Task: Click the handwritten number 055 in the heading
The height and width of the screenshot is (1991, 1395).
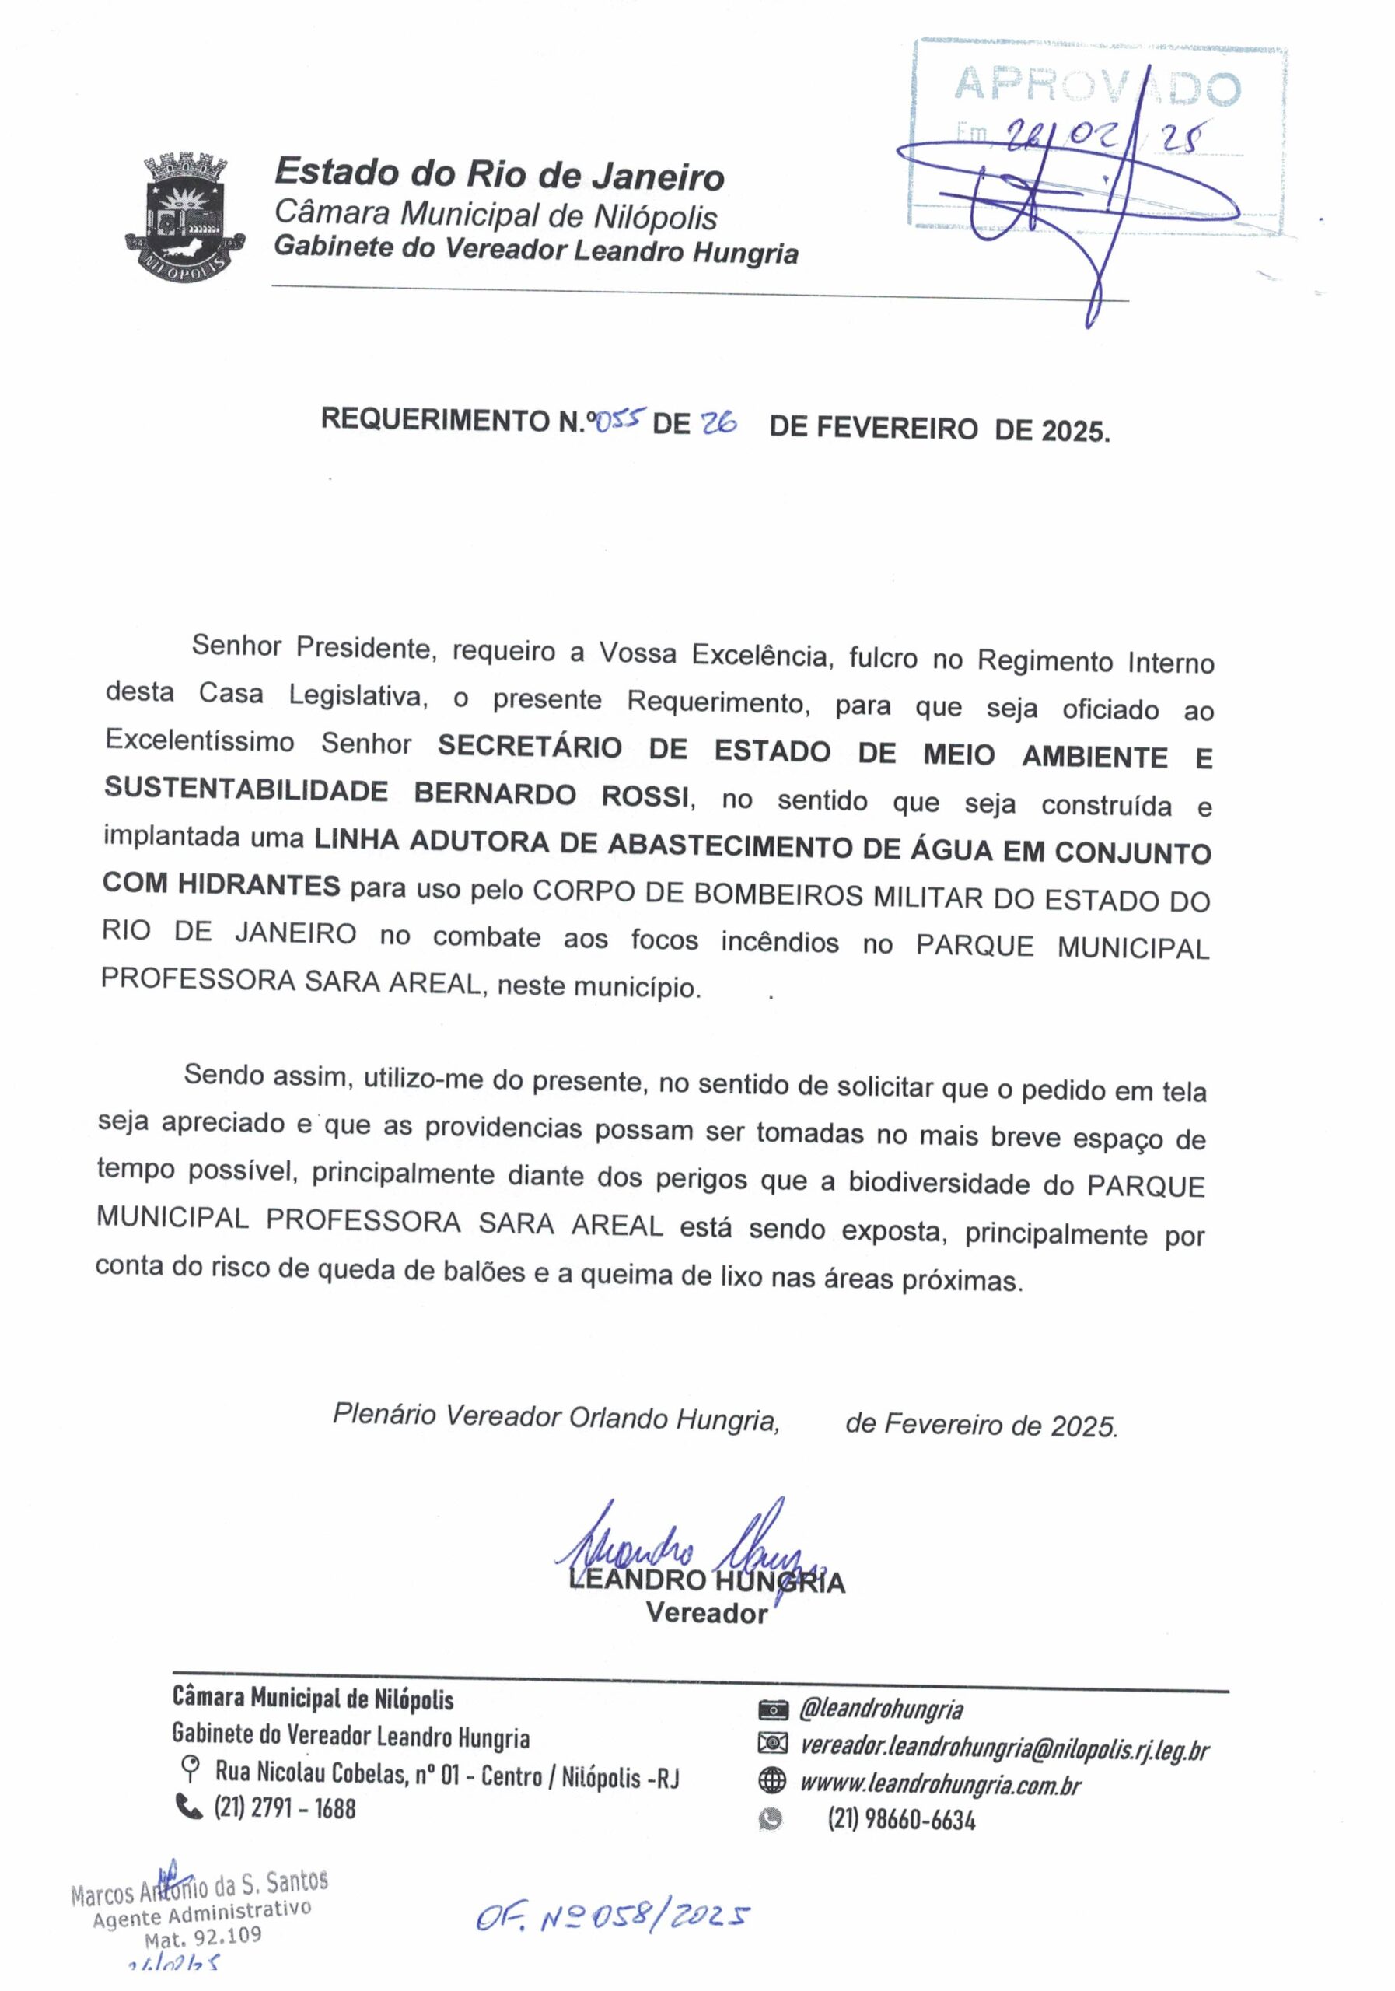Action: [x=618, y=421]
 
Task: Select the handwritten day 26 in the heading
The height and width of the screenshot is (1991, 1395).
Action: [x=718, y=422]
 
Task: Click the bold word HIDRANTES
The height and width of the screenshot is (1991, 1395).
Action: [x=258, y=884]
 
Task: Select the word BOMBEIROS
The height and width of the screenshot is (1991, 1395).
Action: [x=778, y=895]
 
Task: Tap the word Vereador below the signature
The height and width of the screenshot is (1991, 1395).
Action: [x=707, y=1614]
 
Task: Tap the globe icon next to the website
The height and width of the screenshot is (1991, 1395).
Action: [x=771, y=1781]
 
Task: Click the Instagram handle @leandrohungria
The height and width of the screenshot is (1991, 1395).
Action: [x=881, y=1709]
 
